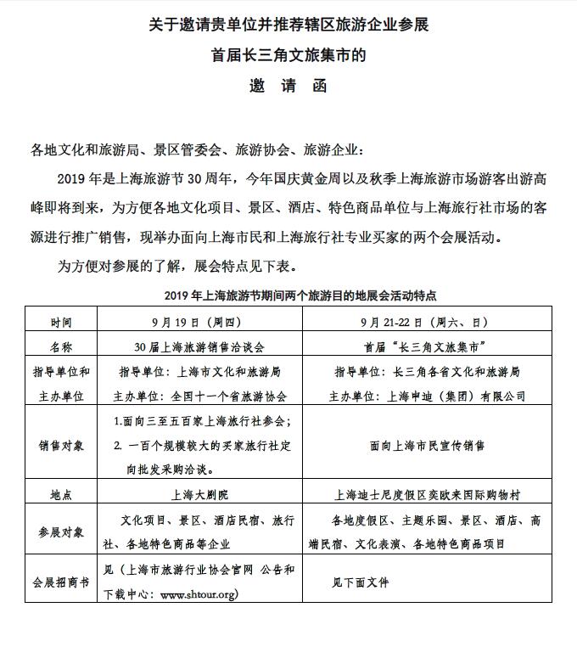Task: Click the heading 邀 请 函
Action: click(288, 87)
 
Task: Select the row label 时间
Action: click(61, 323)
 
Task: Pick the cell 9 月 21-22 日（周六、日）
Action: click(436, 323)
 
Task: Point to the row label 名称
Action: click(61, 346)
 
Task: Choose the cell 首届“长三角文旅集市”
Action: click(436, 346)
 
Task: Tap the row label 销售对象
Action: click(61, 444)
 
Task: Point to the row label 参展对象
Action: click(61, 531)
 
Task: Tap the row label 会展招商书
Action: click(61, 582)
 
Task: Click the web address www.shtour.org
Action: click(199, 594)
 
